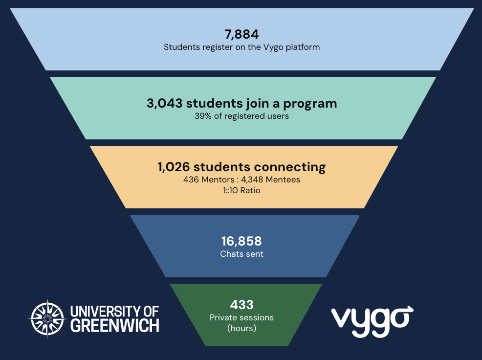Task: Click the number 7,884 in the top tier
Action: [241, 35]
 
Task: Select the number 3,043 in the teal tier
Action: [164, 103]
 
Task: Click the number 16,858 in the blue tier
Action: [241, 241]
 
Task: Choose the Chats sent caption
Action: [241, 254]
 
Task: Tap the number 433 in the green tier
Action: [241, 305]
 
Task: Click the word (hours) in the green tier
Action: [241, 328]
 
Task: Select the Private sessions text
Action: [241, 317]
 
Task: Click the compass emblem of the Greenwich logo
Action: [46, 318]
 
